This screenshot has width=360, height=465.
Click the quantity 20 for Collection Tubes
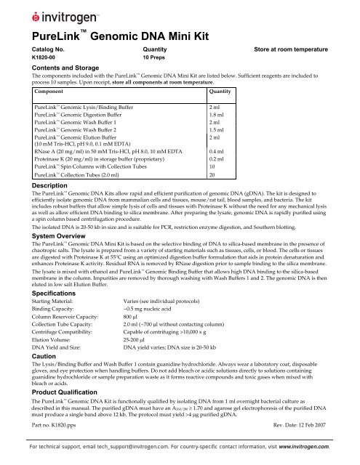tap(213, 175)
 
